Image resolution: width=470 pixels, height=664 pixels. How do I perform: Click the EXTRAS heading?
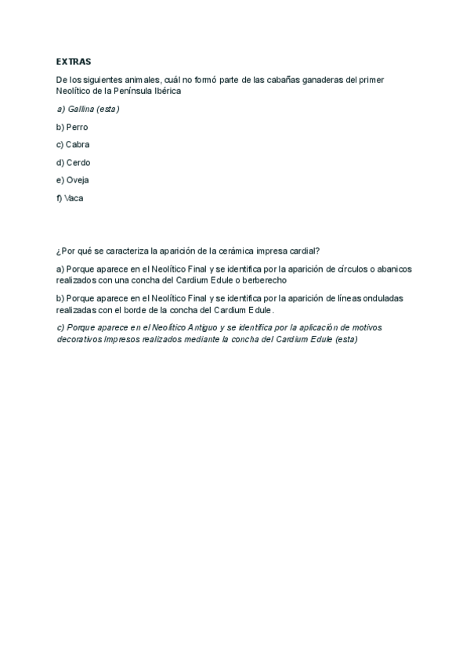point(74,60)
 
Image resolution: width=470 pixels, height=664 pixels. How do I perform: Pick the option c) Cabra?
point(74,145)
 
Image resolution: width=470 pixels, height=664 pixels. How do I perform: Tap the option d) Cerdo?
point(74,163)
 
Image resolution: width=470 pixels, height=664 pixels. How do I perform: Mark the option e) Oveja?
point(73,181)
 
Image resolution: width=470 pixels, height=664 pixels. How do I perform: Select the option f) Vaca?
point(70,199)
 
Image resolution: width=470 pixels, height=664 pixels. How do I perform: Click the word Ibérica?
point(164,91)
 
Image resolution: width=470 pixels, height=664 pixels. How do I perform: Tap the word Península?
point(128,91)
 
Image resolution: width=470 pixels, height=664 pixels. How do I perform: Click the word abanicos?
point(395,269)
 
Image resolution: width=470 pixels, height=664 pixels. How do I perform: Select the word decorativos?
point(79,338)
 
